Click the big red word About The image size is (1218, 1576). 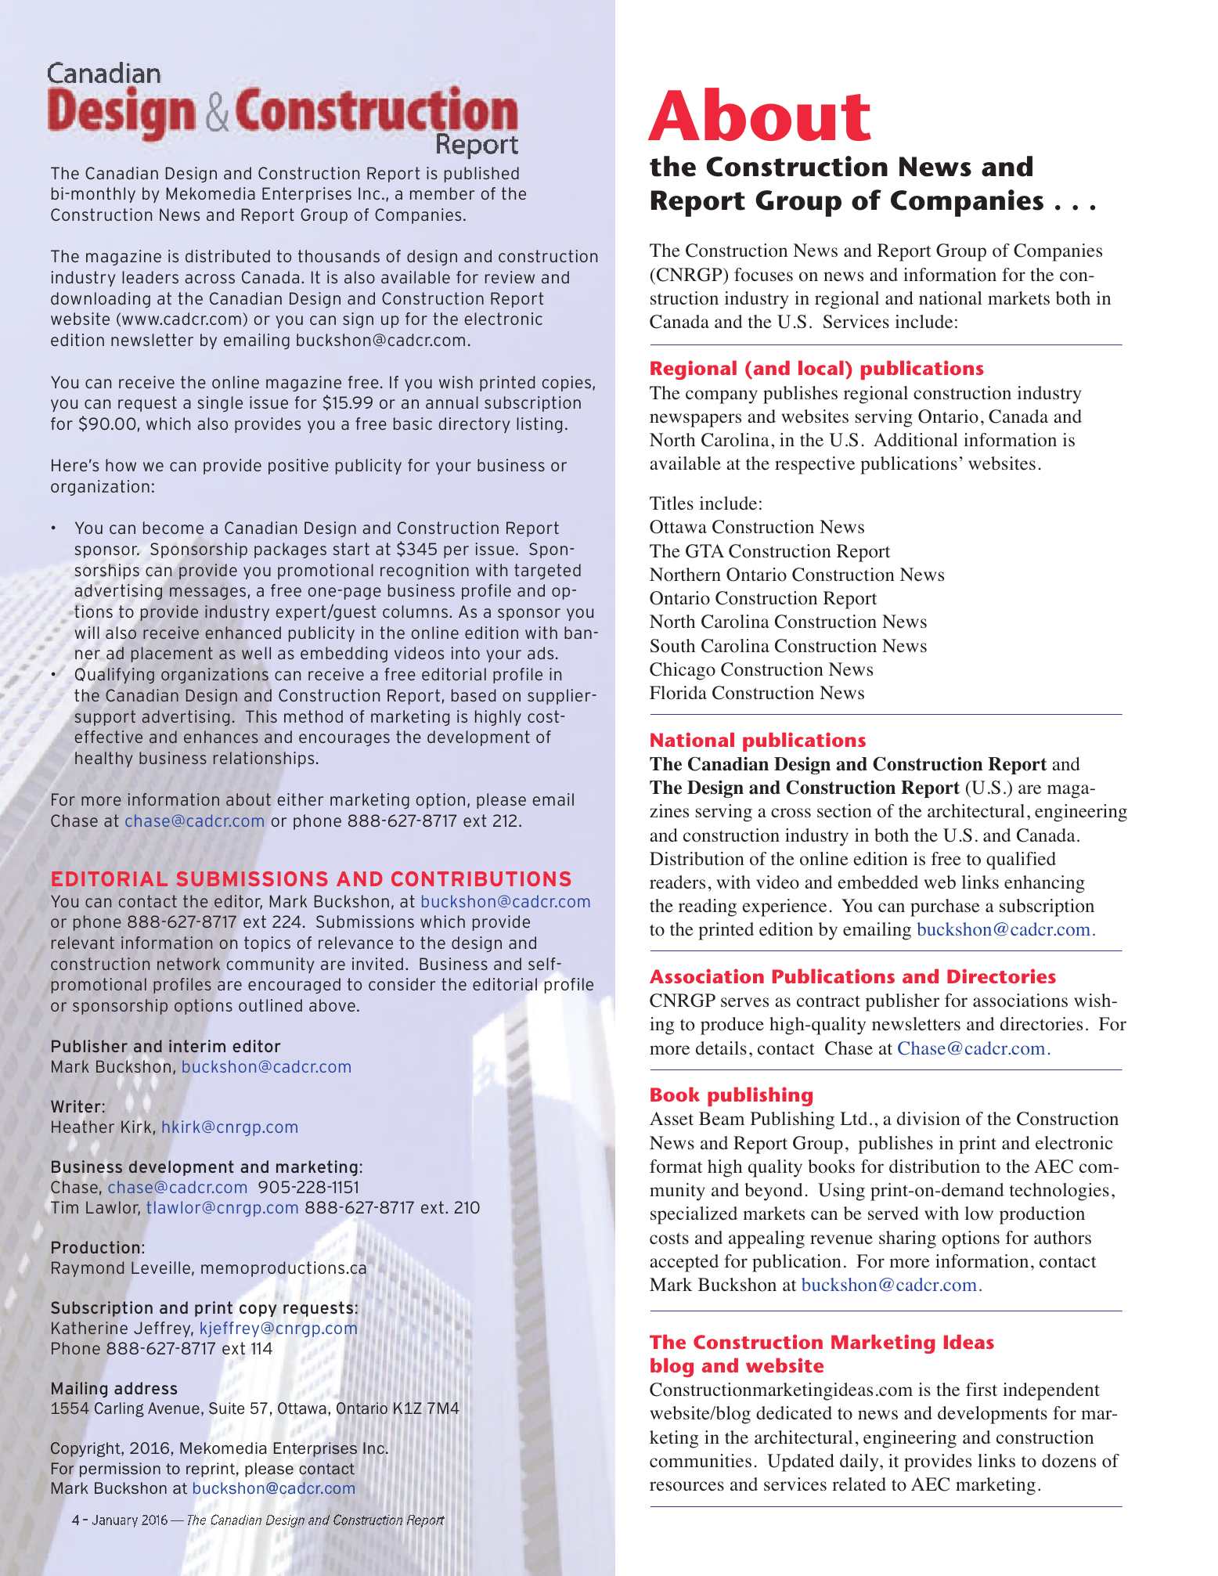click(x=759, y=117)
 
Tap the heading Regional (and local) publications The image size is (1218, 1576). click(x=816, y=369)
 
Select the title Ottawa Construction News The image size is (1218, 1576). click(x=756, y=527)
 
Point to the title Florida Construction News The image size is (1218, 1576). click(x=756, y=693)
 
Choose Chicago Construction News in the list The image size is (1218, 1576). click(x=761, y=669)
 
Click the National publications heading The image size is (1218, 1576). click(x=757, y=740)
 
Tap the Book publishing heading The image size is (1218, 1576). click(x=731, y=1095)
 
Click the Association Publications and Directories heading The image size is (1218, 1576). click(x=852, y=976)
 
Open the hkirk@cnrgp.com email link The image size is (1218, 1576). click(x=229, y=1127)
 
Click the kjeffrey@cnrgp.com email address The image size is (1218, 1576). click(x=278, y=1328)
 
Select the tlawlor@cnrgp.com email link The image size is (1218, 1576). click(x=222, y=1207)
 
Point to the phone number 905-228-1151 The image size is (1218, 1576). click(x=308, y=1187)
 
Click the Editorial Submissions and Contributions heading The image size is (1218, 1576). click(x=311, y=879)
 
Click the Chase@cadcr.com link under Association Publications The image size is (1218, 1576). click(x=974, y=1048)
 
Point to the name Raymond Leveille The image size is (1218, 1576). click(x=121, y=1268)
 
